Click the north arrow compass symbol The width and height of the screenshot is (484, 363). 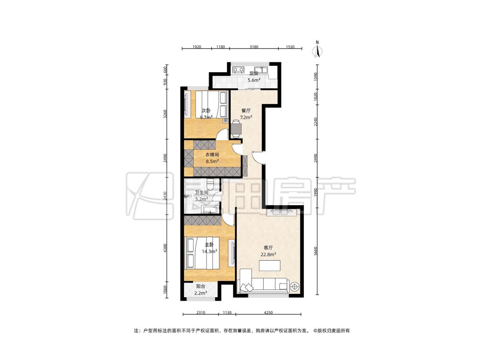click(x=317, y=49)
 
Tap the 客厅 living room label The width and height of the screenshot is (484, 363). click(x=268, y=248)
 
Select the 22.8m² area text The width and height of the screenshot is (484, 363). click(x=268, y=255)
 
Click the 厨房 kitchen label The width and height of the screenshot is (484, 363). click(x=254, y=74)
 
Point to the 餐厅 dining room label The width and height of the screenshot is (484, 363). click(x=246, y=111)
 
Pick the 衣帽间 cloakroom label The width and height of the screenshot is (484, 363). click(x=213, y=154)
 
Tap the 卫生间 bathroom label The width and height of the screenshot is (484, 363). click(x=201, y=192)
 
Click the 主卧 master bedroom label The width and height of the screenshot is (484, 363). click(x=209, y=244)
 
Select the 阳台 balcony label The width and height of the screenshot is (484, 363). click(x=200, y=286)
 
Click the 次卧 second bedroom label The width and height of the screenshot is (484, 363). click(x=206, y=111)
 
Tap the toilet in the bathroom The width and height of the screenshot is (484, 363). click(x=210, y=184)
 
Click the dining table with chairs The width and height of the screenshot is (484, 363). click(x=236, y=129)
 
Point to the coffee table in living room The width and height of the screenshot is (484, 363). click(x=270, y=265)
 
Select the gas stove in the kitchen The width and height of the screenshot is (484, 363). click(x=238, y=70)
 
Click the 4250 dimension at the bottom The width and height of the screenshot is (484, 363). click(x=268, y=312)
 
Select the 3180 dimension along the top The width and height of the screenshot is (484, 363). click(x=254, y=47)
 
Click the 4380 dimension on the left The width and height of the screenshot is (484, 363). click(x=165, y=249)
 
